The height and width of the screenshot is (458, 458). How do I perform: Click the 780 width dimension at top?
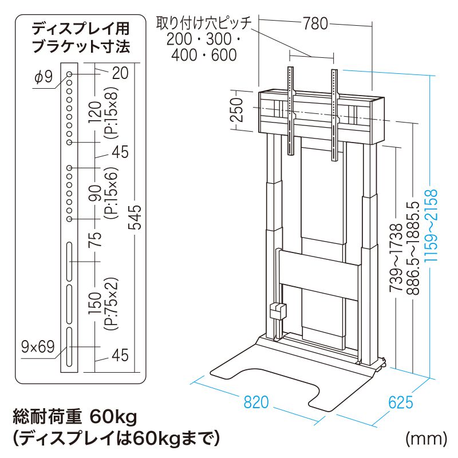pos(315,23)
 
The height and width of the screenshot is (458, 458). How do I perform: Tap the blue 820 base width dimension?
pos(256,402)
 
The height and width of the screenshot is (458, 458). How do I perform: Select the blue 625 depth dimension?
pos(400,402)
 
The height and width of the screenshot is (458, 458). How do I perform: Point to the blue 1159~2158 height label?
pos(432,225)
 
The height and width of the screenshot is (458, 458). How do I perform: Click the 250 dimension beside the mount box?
pos(236,110)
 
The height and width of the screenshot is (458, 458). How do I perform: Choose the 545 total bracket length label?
pos(135,217)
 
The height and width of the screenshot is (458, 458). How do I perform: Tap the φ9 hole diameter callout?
pos(44,77)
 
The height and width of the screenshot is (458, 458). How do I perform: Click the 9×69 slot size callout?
pos(38,347)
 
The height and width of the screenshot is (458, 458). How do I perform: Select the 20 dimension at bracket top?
pos(120,73)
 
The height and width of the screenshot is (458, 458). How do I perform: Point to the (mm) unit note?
pos(426,438)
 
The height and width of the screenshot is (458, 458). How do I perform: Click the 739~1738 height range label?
pos(396,258)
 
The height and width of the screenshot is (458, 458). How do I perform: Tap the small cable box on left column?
pos(278,311)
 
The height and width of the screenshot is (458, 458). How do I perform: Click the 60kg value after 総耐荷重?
pos(113,417)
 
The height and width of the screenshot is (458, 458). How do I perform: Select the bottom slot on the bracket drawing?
pos(69,347)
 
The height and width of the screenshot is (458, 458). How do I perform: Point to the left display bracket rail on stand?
pos(290,111)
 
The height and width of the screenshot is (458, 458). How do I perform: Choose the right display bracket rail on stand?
pos(334,115)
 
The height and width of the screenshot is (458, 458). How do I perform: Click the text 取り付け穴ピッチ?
pos(204,23)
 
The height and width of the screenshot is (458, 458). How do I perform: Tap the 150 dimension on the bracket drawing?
pos(96,304)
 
